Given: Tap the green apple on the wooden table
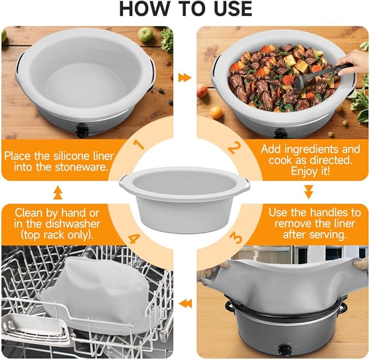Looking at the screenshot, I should point(145,34).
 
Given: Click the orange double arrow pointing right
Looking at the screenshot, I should point(185,77).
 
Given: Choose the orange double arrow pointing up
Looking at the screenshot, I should point(58,191).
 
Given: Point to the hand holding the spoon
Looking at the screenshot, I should point(357,61).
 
